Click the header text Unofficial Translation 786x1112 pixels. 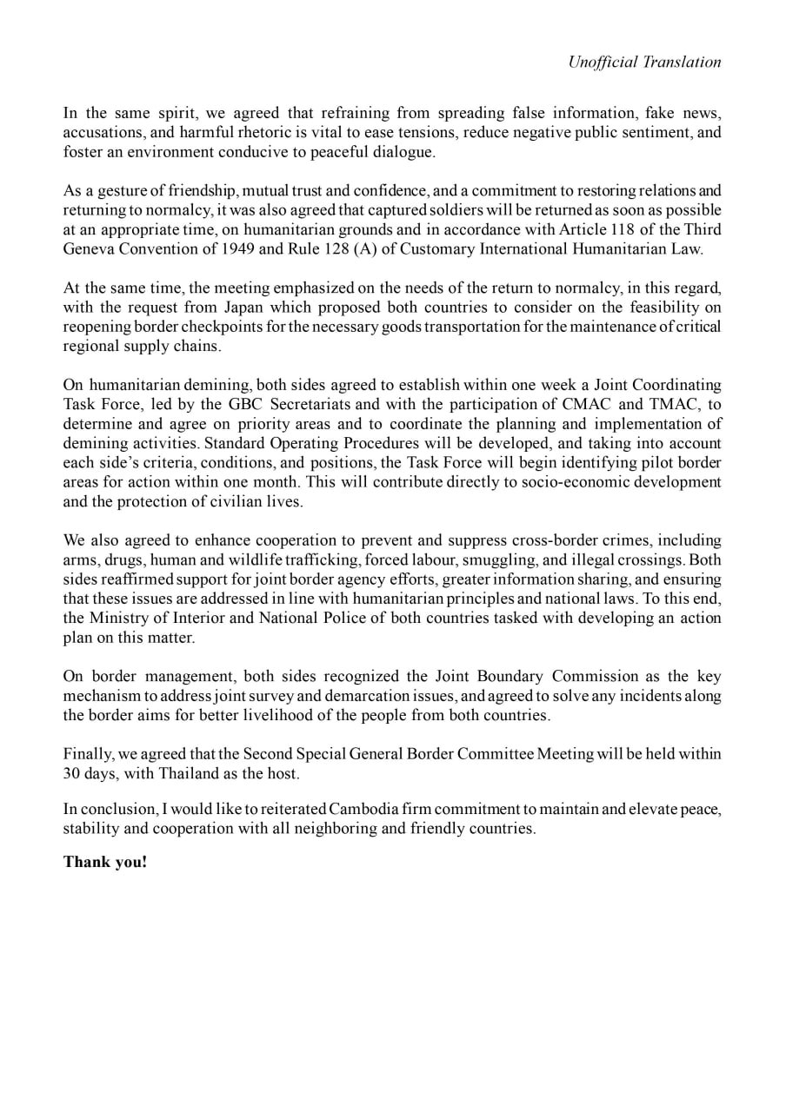[644, 62]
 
